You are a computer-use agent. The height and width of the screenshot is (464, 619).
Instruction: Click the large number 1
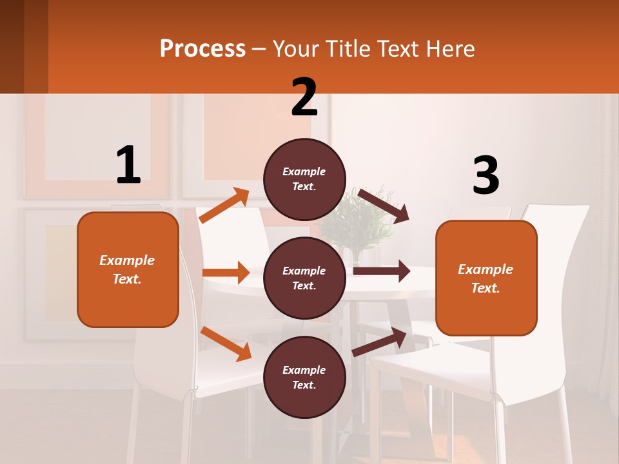click(x=128, y=165)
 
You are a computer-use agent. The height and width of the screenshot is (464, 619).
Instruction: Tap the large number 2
click(x=304, y=97)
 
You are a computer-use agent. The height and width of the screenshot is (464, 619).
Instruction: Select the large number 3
click(x=486, y=175)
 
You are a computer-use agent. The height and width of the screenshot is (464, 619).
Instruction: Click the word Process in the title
click(x=202, y=48)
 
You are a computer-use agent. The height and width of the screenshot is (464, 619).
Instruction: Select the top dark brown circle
click(x=304, y=179)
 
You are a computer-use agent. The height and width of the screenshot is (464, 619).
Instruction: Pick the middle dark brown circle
click(x=304, y=278)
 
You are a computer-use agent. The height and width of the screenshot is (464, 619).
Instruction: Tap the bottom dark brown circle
click(x=304, y=377)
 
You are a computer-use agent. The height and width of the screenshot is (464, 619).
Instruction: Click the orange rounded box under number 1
click(x=128, y=269)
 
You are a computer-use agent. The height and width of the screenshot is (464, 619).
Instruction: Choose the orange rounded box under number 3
click(x=486, y=278)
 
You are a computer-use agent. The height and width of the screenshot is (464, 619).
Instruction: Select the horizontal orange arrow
click(x=226, y=273)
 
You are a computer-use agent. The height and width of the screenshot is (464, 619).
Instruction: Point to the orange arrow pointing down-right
click(x=226, y=343)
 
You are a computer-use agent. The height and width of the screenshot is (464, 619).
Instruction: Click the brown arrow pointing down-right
click(x=383, y=206)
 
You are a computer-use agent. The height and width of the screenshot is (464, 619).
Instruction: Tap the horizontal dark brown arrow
click(x=381, y=271)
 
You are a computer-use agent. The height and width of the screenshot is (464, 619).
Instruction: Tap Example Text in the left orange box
click(x=127, y=269)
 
